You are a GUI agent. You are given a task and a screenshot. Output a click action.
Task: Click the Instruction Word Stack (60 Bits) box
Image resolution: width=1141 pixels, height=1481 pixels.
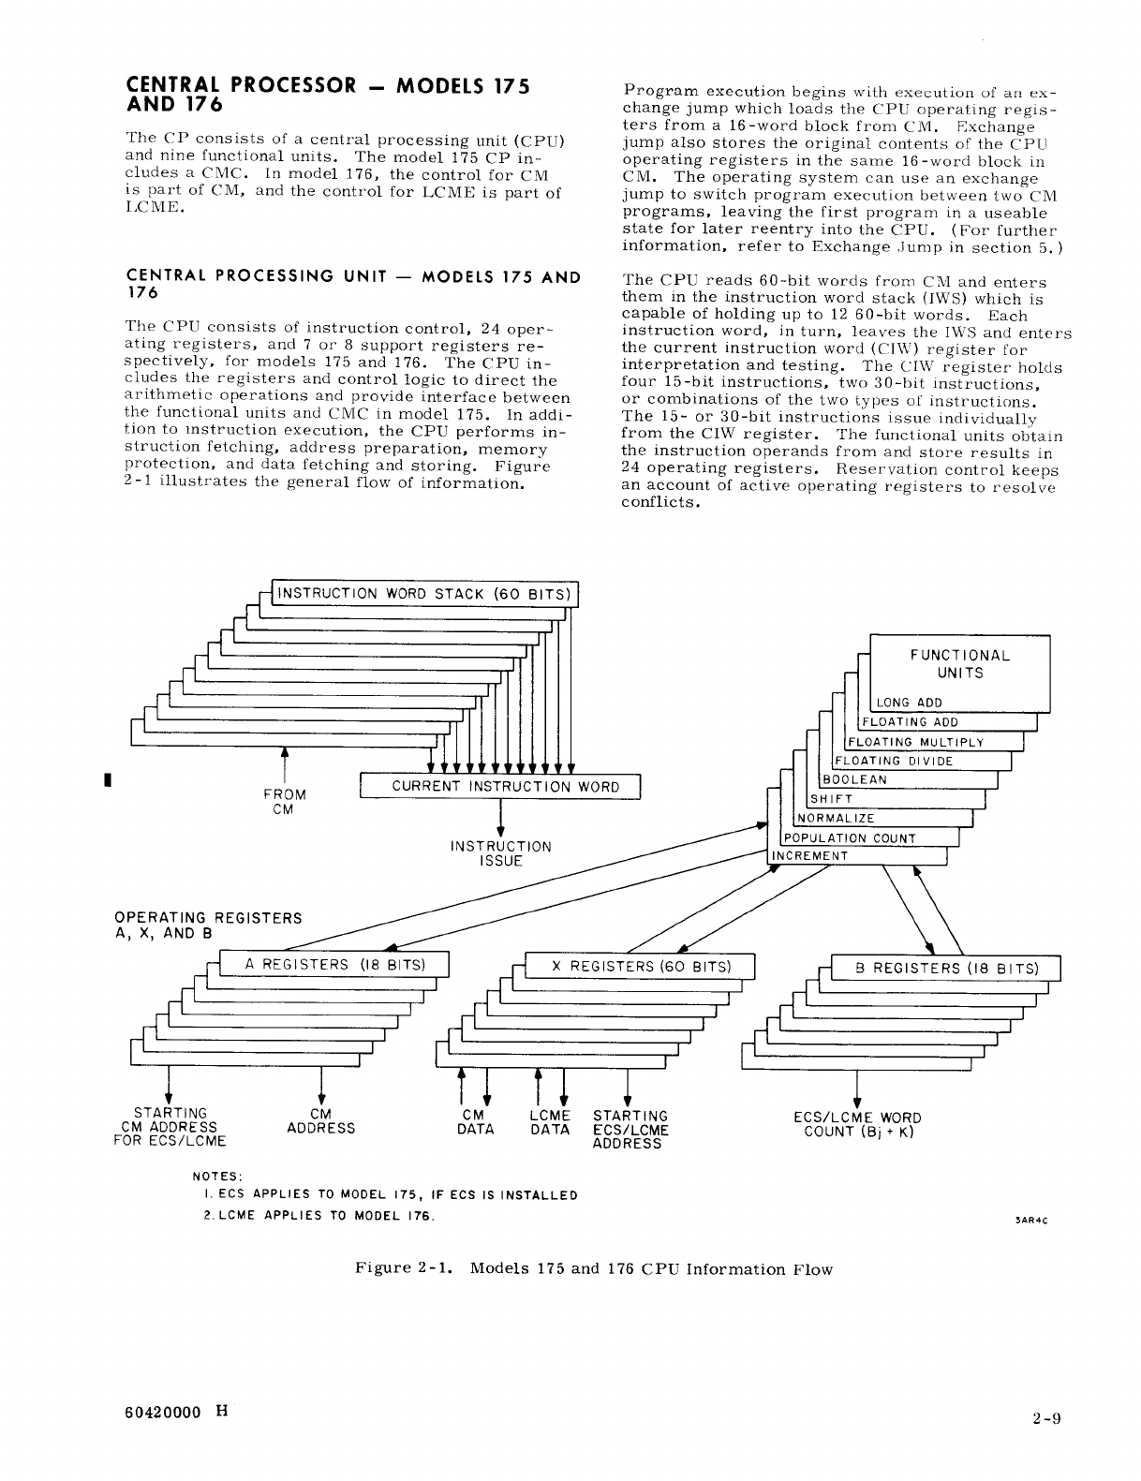click(424, 594)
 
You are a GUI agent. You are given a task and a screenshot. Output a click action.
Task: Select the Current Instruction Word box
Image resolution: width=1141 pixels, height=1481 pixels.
click(500, 787)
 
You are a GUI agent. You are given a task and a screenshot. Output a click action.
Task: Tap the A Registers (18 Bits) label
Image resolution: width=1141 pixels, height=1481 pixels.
click(334, 965)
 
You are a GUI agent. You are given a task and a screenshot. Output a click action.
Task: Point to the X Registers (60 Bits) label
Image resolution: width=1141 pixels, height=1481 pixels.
click(641, 966)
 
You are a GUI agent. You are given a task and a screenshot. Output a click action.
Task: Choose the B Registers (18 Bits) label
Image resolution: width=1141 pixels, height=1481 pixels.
click(946, 969)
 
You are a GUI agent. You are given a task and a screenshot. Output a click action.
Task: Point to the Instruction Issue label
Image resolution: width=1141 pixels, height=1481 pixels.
click(501, 853)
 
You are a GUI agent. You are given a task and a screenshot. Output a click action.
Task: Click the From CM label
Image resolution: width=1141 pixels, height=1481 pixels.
click(284, 802)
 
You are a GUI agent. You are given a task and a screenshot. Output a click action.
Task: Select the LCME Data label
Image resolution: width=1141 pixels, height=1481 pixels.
click(550, 1123)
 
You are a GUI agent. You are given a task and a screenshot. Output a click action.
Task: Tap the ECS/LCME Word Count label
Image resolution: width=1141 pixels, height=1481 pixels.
click(857, 1125)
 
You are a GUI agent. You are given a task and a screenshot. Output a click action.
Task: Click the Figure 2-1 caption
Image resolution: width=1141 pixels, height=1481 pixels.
click(593, 1269)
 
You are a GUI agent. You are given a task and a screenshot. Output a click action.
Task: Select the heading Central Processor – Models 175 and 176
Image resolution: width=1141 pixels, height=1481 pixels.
click(328, 95)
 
